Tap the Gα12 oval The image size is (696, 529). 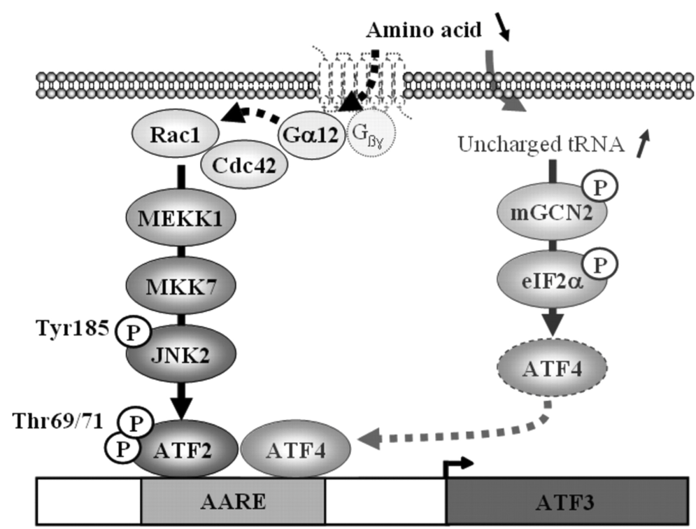point(311,132)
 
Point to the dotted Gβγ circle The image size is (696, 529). point(371,132)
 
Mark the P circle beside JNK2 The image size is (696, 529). point(130,329)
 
